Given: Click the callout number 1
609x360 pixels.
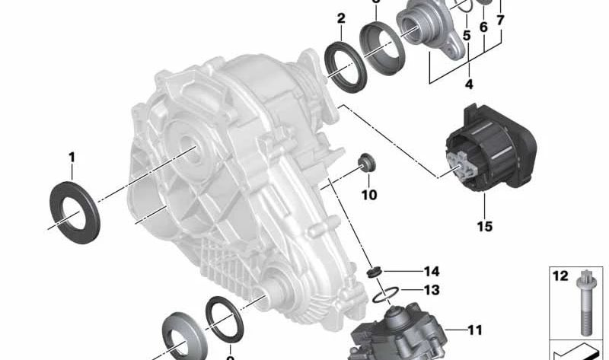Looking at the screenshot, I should coord(72,158).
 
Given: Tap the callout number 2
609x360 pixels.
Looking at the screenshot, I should coord(340,18).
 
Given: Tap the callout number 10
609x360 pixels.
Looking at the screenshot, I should coord(368,195).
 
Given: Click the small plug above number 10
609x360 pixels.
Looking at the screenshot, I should coord(368,163).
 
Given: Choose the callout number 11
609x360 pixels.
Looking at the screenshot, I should coord(475,330).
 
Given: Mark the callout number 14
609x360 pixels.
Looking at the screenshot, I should coord(432,271).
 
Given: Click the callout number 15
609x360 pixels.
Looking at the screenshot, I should coord(484,226).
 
